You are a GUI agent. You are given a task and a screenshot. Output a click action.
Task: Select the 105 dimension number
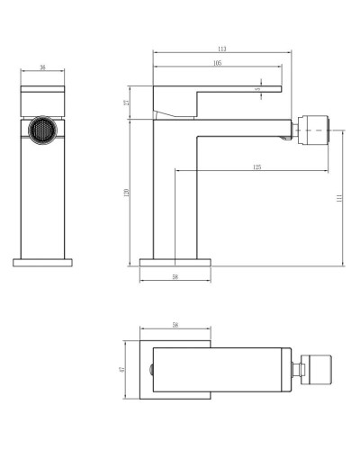pos(218,63)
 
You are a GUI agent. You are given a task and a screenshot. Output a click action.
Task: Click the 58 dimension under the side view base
pos(175,276)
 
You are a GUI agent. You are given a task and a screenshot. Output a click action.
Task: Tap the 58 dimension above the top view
pos(175,325)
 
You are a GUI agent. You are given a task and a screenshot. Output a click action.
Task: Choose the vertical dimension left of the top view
pos(122,369)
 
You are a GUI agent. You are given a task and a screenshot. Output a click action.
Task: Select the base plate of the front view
pos(42,262)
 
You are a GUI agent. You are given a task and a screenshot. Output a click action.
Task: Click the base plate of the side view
pos(175,262)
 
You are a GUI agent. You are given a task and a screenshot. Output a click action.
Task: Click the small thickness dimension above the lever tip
pos(258,89)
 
